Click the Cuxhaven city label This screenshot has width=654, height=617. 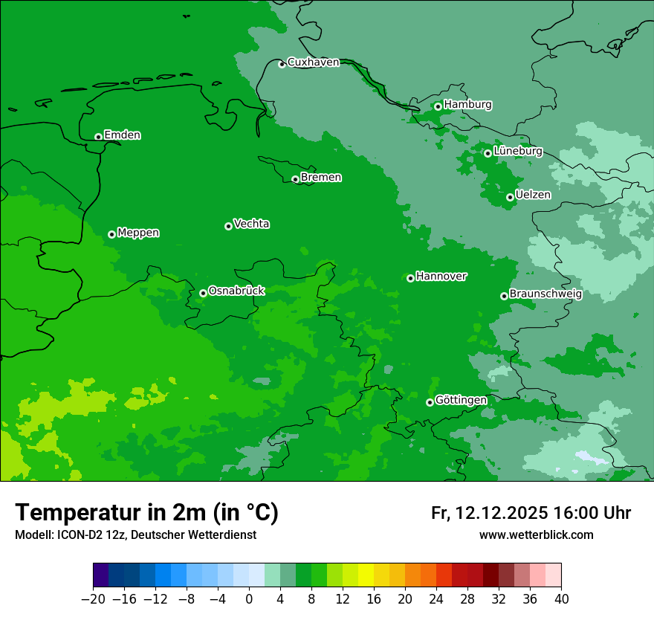point(313,62)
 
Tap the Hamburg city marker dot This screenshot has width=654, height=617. point(438,106)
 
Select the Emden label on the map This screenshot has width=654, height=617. point(122,135)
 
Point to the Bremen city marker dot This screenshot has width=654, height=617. point(295,179)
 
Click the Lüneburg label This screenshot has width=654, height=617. point(517,151)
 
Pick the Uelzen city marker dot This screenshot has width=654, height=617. point(510,197)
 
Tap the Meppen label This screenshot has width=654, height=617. point(138,233)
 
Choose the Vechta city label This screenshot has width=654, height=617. point(251,224)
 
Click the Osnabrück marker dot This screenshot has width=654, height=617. point(203,293)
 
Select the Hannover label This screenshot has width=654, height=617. point(441,277)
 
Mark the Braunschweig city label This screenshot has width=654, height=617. point(545,294)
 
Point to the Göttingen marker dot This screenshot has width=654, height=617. point(430,402)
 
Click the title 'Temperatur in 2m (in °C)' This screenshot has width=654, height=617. point(146,513)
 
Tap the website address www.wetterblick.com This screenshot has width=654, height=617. point(536,534)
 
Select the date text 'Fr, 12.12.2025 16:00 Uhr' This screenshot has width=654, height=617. point(531,513)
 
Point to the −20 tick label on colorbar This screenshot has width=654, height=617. point(93,599)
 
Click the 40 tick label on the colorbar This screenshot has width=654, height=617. point(561,599)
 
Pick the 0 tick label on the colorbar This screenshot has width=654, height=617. point(249,599)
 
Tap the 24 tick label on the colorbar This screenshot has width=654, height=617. point(436,599)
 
